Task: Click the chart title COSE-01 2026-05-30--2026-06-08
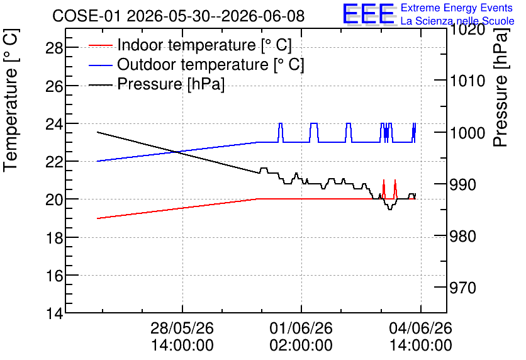pyautogui.click(x=179, y=16)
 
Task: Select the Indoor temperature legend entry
pyautogui.click(x=190, y=45)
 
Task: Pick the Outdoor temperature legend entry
pyautogui.click(x=196, y=64)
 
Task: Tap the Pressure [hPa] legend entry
pyautogui.click(x=157, y=84)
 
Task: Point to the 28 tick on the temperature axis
pyautogui.click(x=54, y=48)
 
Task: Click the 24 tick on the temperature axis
pyautogui.click(x=54, y=124)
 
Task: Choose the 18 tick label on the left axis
pyautogui.click(x=54, y=237)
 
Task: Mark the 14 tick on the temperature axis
pyautogui.click(x=54, y=313)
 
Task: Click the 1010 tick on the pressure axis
pyautogui.click(x=467, y=81)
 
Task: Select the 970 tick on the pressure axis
pyautogui.click(x=462, y=288)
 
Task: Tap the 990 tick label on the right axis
pyautogui.click(x=462, y=184)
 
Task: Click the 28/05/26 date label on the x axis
pyautogui.click(x=182, y=328)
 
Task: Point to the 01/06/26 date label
pyautogui.click(x=301, y=328)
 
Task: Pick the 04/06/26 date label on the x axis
pyautogui.click(x=421, y=328)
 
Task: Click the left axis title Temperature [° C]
pyautogui.click(x=11, y=101)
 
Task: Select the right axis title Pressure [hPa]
pyautogui.click(x=501, y=87)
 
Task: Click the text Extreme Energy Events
pyautogui.click(x=457, y=8)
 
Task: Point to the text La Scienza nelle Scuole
pyautogui.click(x=457, y=21)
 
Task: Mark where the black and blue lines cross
pyautogui.click(x=177, y=152)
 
